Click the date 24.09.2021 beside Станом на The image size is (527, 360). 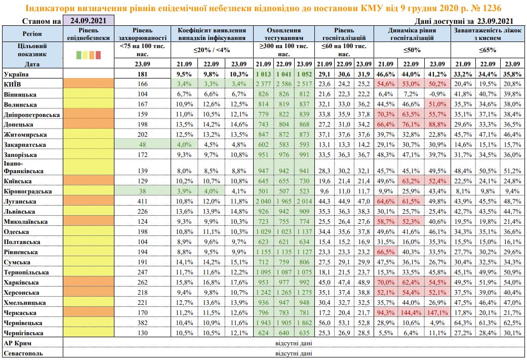tap(88, 21)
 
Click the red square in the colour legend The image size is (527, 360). tap(99, 55)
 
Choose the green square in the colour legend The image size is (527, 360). tap(79, 55)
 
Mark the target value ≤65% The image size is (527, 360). tap(487, 50)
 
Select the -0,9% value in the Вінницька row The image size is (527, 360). tap(436, 94)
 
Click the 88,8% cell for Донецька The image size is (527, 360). tap(436, 124)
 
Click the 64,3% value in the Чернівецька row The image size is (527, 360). tap(461, 322)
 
